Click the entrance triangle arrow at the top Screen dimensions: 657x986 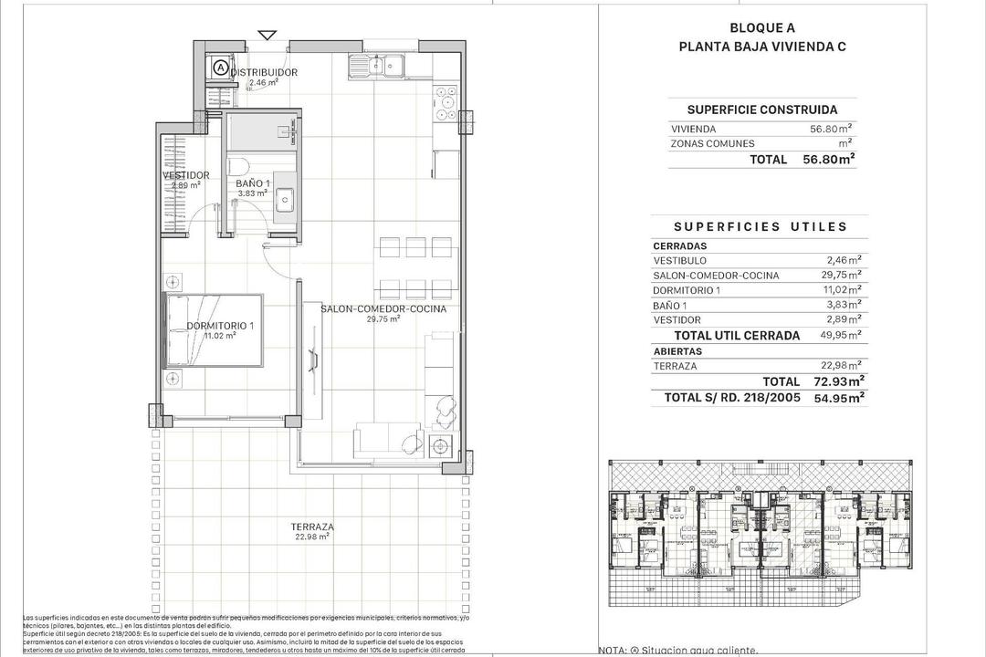coord(267,36)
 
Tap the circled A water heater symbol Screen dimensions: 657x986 coord(221,67)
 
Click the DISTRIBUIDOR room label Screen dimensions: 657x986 coord(264,72)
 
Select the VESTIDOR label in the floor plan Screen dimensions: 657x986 coord(185,175)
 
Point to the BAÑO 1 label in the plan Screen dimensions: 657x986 coord(252,183)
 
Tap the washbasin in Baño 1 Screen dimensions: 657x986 coord(285,198)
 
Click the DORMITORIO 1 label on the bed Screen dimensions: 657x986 coord(220,326)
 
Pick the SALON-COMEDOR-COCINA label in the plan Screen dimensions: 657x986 coord(383,309)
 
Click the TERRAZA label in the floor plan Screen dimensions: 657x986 coord(311,527)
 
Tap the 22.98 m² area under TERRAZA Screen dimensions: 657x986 coord(311,537)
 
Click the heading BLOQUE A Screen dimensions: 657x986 coord(761,27)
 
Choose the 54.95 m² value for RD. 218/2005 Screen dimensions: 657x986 coord(839,397)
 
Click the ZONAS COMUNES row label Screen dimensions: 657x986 coord(712,143)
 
